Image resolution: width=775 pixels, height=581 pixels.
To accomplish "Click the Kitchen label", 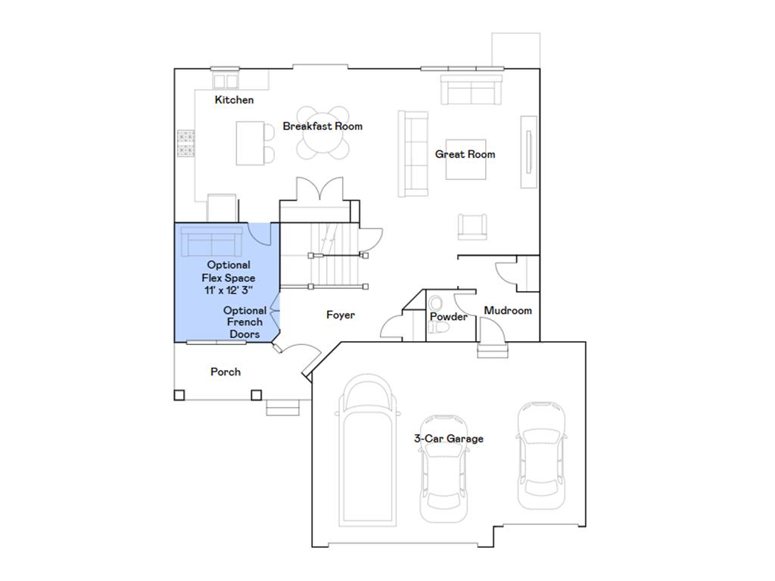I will [x=234, y=100].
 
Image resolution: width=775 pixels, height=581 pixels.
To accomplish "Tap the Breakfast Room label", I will [x=322, y=126].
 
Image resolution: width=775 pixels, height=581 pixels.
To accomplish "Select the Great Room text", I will [x=465, y=154].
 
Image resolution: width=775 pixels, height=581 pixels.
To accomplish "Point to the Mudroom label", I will [x=507, y=310].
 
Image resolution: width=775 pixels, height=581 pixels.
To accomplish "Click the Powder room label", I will [x=449, y=317].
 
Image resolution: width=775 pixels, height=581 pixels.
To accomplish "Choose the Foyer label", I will [x=341, y=315].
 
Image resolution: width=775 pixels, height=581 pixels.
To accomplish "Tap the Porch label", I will [x=226, y=371].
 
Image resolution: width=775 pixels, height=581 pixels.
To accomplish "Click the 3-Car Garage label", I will [x=448, y=439].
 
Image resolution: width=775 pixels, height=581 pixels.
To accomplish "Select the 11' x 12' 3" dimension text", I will [x=228, y=290].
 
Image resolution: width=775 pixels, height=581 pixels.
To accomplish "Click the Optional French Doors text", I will [x=244, y=322].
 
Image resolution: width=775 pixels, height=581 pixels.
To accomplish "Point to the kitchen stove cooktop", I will [x=186, y=144].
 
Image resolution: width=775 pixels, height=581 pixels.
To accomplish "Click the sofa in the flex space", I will [x=211, y=242].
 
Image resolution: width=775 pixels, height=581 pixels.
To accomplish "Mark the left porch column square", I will [x=179, y=394].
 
